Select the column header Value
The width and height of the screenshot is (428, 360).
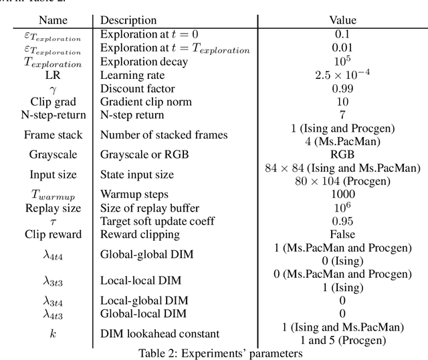(342, 21)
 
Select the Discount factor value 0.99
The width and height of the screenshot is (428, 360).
(342, 88)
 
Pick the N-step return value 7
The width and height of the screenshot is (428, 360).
(342, 114)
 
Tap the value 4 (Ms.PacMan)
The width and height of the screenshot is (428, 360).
(342, 141)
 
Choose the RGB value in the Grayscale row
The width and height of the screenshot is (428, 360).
(342, 155)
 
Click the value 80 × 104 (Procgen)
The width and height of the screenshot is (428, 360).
(342, 181)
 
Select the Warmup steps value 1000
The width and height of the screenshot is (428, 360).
(342, 195)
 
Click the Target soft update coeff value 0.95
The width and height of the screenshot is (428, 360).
(342, 221)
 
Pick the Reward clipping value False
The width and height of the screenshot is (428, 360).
(342, 234)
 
